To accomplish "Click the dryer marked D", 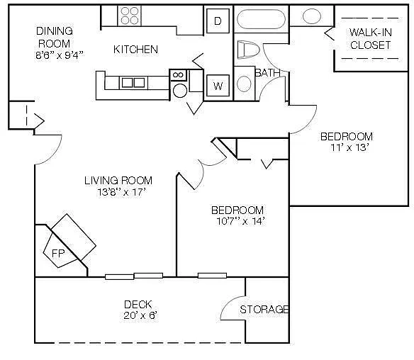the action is pos(218,21).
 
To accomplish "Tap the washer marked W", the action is pos(218,86).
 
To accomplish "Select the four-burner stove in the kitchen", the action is pos(129,16).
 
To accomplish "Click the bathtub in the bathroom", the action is pos(261,19).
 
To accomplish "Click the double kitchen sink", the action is pos(133,83).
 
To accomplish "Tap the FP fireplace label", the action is pos(58,254).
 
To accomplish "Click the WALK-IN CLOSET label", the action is pos(370,39).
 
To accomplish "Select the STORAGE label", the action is pos(264,309).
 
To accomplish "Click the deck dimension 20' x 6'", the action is pos(140,315).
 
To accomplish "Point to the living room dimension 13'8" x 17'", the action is pos(121,192).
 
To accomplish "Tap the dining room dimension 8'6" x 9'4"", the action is pos(60,55).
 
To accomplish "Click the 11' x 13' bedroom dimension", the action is pos(349,147).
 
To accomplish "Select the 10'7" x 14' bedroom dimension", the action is pos(240,221).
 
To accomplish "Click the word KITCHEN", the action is pos(135,50).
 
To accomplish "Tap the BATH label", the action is pos(267,73).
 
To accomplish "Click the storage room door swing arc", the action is pos(229,301).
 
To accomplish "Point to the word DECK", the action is pos(138,304).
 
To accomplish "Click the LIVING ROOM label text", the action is pos(118,181).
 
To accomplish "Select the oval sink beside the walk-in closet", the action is pos(312,16).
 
